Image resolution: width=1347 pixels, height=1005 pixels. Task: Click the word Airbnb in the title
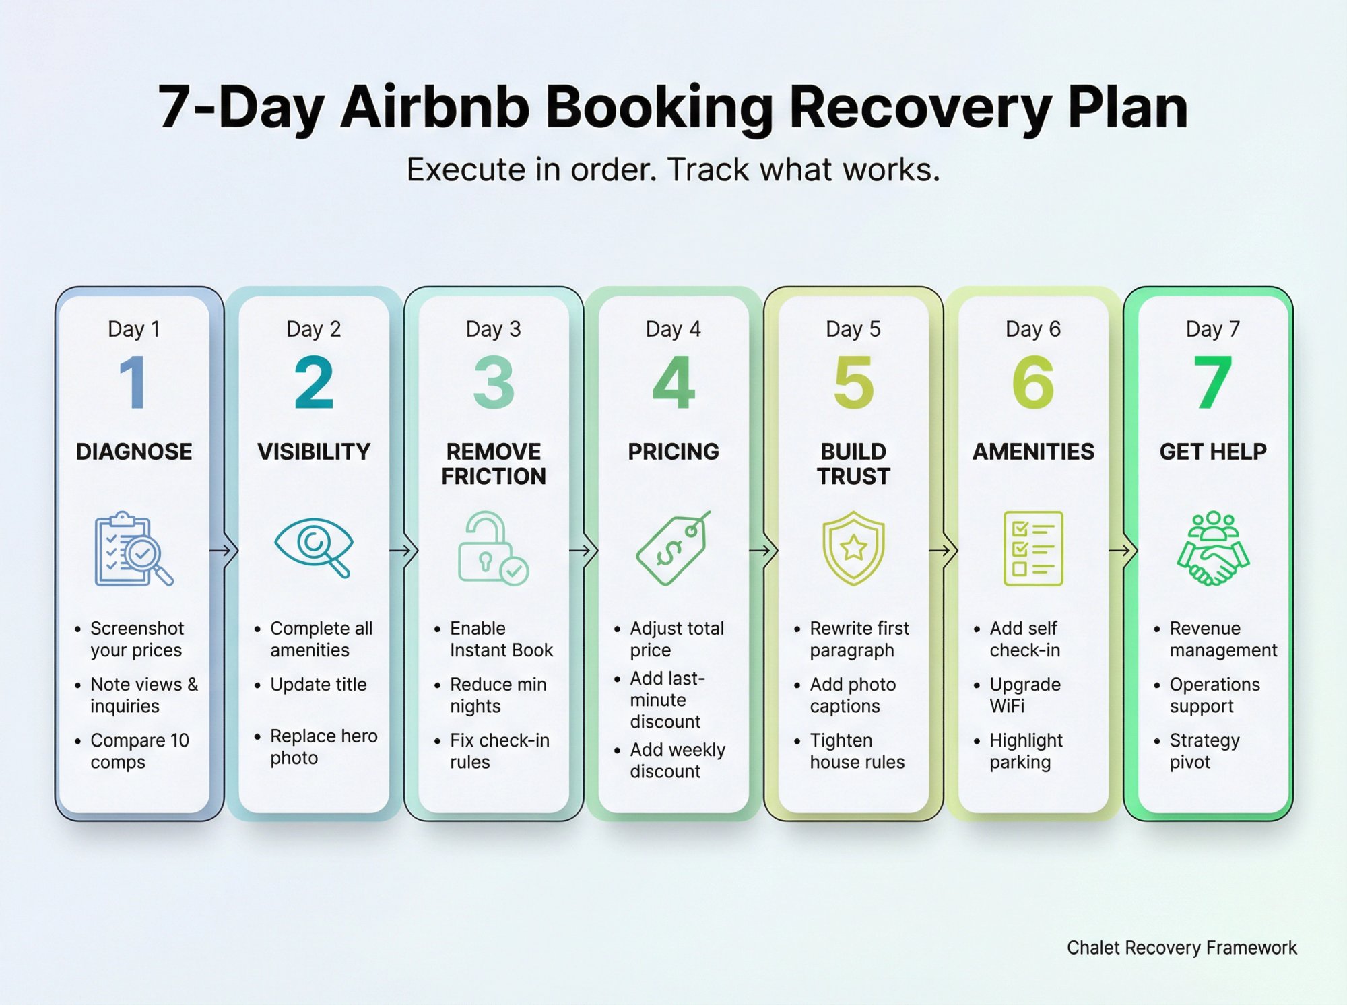tap(434, 108)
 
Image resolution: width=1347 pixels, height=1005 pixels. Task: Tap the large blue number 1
tap(133, 382)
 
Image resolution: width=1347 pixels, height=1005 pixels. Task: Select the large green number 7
tap(1212, 382)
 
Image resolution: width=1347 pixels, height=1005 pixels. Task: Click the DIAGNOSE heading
tap(133, 451)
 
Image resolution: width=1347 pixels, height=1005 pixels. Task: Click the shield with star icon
tap(853, 548)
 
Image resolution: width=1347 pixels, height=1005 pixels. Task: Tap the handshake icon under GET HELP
tap(1212, 549)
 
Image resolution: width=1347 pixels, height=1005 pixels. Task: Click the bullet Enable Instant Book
tap(500, 639)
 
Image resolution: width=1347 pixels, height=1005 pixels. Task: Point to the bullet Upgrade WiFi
tap(1024, 695)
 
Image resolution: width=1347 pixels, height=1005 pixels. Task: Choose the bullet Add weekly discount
tap(676, 761)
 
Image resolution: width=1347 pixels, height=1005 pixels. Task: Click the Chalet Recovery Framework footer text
tap(1181, 948)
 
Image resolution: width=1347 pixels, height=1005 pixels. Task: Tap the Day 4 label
tap(673, 329)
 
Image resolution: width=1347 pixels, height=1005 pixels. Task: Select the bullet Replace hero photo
tap(323, 747)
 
